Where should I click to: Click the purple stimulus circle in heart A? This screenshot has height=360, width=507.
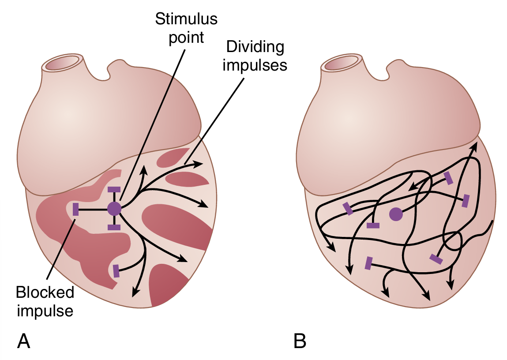114,208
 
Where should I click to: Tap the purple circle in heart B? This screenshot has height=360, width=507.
396,214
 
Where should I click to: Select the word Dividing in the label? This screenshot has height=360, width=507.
253,46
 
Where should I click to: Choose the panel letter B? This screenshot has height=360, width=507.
300,341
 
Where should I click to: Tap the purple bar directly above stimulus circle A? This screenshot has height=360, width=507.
114,189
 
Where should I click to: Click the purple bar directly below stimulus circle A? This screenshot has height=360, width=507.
114,227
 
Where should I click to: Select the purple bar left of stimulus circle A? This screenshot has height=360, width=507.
75,209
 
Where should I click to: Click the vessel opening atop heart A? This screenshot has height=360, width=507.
62,64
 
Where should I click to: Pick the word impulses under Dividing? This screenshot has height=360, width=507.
255,65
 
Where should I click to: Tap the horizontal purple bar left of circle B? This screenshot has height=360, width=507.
373,226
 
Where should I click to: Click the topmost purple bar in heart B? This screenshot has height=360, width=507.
448,178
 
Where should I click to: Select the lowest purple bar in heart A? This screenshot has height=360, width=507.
116,270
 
